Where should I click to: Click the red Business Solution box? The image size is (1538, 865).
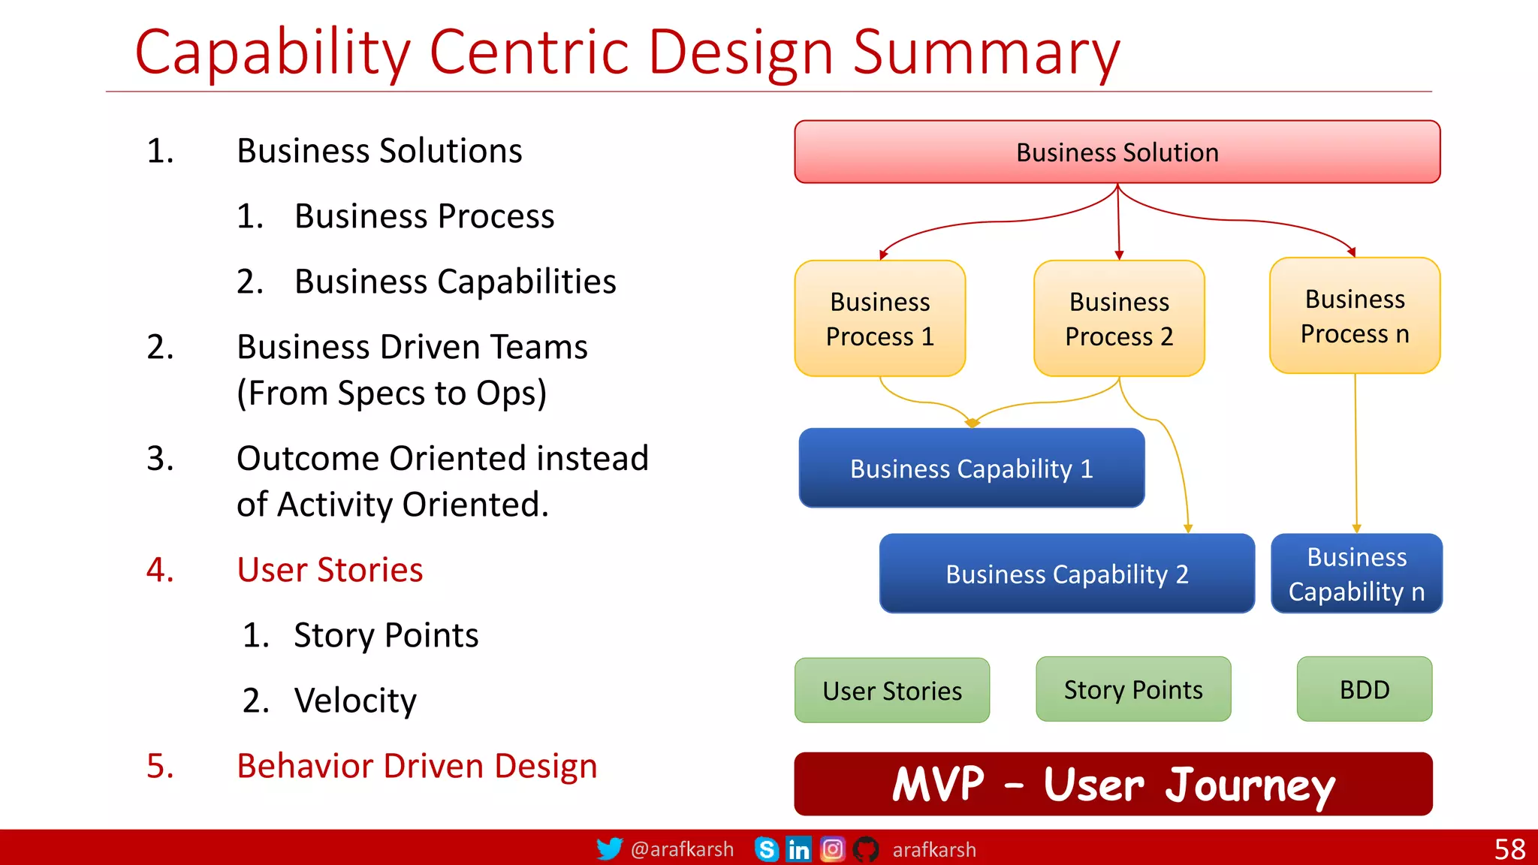[x=1117, y=152]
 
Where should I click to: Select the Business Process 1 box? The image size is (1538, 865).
[x=879, y=318]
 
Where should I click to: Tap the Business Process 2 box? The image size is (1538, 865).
[x=1118, y=318]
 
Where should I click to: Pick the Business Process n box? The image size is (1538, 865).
[x=1354, y=316]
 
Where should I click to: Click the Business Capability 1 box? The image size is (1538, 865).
[x=971, y=469]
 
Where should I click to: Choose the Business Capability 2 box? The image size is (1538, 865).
[x=1066, y=574]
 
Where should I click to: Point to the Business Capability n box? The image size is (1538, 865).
[x=1356, y=574]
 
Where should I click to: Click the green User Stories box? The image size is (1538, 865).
[x=891, y=690]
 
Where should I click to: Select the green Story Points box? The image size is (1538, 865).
[x=1132, y=689]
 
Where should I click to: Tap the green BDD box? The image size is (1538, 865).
[x=1364, y=689]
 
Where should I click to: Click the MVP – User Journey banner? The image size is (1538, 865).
[x=1113, y=784]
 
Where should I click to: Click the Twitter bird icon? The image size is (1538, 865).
[x=609, y=849]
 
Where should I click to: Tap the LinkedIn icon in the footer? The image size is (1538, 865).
[x=798, y=849]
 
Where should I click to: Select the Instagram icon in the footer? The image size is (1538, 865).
[x=832, y=849]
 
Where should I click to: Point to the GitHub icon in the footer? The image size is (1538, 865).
[x=866, y=849]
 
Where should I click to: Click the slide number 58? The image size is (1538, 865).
[x=1509, y=849]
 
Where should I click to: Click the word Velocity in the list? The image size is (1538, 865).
[x=355, y=701]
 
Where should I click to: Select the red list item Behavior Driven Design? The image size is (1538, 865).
[x=417, y=766]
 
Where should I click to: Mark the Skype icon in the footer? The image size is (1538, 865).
[x=766, y=849]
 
